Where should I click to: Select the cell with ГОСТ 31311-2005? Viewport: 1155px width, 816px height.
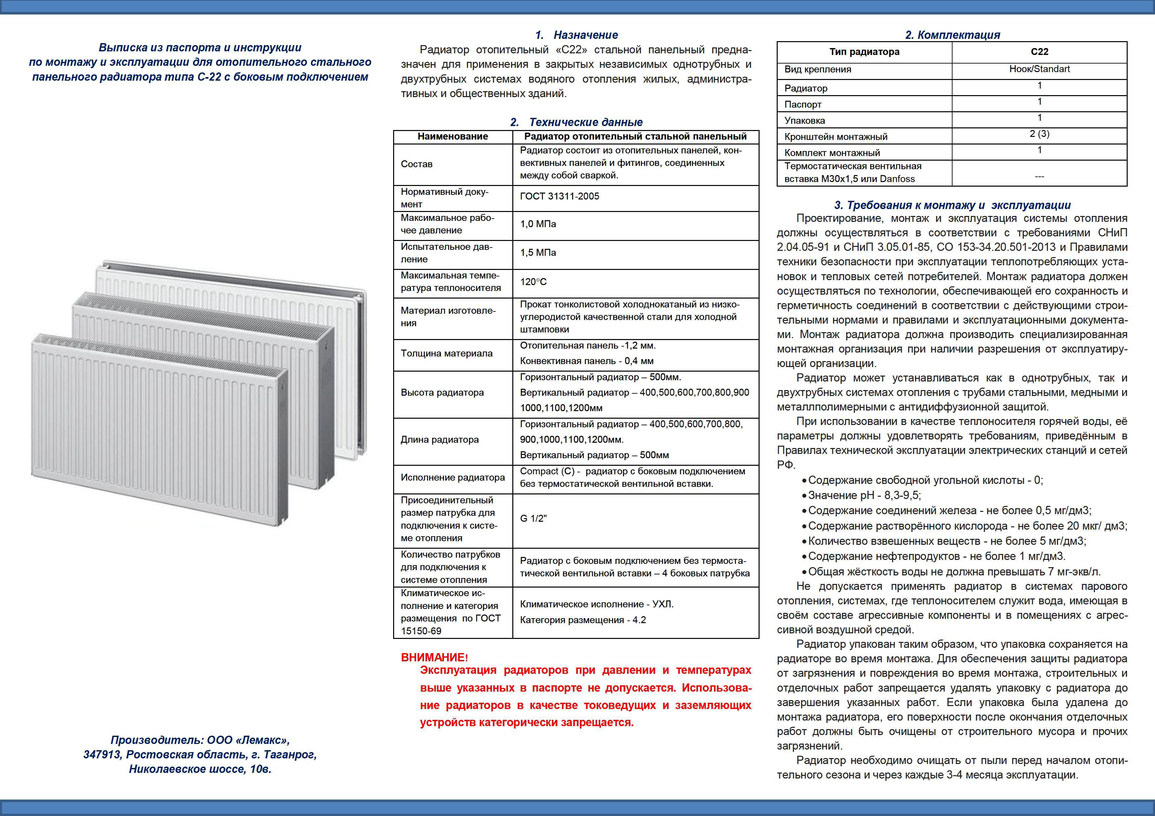pyautogui.click(x=559, y=197)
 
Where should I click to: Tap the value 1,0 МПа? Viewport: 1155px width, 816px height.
pyautogui.click(x=538, y=224)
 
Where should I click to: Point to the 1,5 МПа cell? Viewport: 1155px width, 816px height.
pyautogui.click(x=538, y=253)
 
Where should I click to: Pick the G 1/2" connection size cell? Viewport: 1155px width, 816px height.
pyautogui.click(x=533, y=519)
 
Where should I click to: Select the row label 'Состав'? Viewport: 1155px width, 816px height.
pyautogui.click(x=416, y=164)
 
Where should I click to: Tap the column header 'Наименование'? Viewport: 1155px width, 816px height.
pyautogui.click(x=452, y=136)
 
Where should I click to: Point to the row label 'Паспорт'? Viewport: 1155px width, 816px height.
pyautogui.click(x=802, y=105)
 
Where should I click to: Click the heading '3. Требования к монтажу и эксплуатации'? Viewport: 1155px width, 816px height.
pyautogui.click(x=952, y=205)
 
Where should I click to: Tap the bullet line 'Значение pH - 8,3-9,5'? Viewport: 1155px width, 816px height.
pyautogui.click(x=864, y=495)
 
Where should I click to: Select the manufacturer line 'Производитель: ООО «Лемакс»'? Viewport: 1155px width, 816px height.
pyautogui.click(x=200, y=740)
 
